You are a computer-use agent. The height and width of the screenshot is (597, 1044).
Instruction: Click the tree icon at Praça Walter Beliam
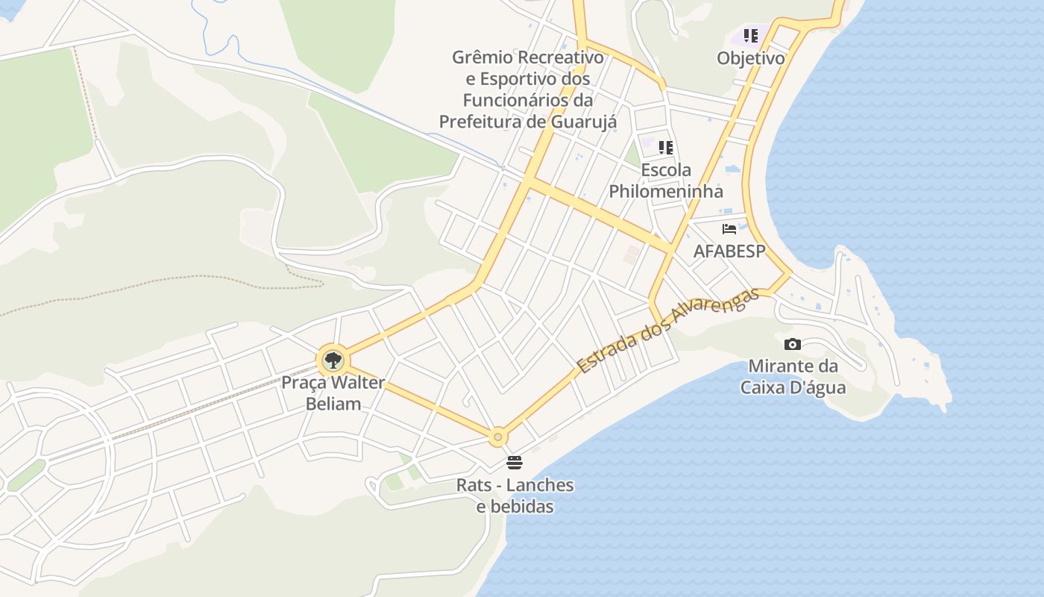click(333, 361)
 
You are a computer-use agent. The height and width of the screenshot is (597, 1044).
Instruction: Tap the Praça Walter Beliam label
click(333, 393)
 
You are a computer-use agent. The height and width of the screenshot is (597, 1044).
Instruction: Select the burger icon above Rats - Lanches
click(514, 462)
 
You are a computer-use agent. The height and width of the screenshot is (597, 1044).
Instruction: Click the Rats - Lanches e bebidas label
click(515, 496)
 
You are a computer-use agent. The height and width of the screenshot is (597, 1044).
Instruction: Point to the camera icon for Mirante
click(793, 344)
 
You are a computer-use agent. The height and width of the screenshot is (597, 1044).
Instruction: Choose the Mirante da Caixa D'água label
click(793, 377)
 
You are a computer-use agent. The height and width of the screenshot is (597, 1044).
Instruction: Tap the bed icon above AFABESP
click(729, 229)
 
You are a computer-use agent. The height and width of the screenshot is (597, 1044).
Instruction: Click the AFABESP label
click(729, 251)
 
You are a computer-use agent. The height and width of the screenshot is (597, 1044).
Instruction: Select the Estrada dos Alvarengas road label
click(667, 331)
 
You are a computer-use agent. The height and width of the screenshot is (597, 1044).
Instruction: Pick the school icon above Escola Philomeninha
click(666, 147)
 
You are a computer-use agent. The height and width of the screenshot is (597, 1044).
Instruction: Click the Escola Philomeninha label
click(666, 181)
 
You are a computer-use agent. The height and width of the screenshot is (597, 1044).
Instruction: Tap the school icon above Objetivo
click(751, 36)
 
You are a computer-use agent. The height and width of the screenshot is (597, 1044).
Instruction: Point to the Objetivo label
click(751, 58)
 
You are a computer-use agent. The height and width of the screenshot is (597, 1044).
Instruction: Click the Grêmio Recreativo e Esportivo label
click(528, 89)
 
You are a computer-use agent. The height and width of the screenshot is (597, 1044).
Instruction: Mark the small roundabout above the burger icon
click(498, 437)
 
